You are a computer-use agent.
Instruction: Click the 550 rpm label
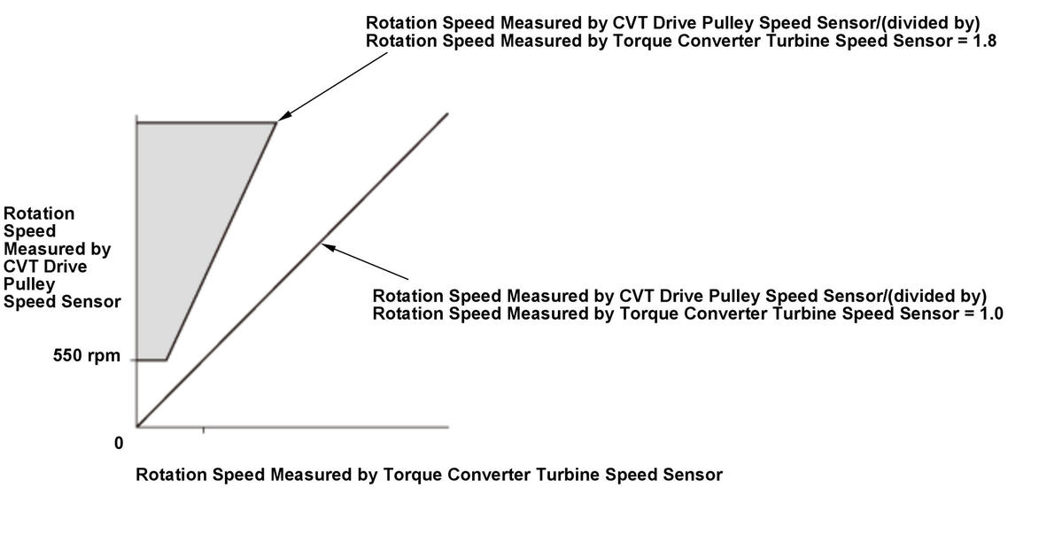tap(87, 360)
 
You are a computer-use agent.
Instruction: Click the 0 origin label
tap(119, 443)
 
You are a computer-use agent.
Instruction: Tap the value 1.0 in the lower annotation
tap(992, 314)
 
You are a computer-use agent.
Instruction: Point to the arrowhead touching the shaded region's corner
tap(283, 117)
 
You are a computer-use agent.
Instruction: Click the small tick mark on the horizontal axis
tap(204, 430)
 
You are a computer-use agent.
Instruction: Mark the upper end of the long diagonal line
tap(447, 114)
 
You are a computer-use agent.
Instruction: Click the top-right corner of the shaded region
tap(276, 123)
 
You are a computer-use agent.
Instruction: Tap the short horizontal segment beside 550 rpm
tap(151, 360)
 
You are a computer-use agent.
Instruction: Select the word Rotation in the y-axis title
tap(39, 213)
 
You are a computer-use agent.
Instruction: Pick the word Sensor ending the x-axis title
tap(695, 475)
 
